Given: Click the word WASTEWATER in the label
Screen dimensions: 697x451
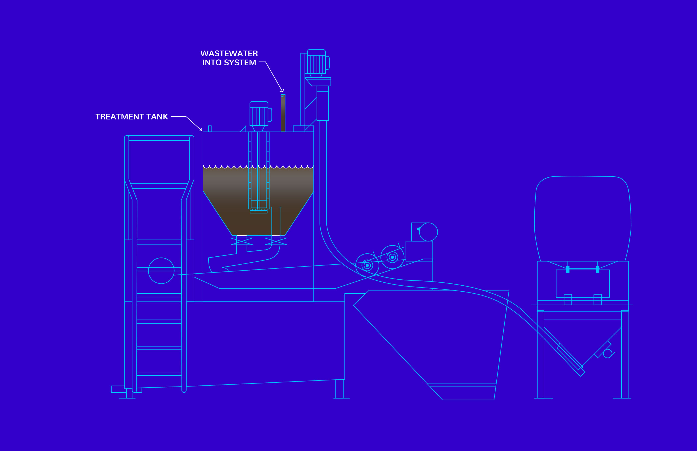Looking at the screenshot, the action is click(229, 54).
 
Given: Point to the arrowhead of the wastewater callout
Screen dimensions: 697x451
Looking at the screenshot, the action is click(282, 91).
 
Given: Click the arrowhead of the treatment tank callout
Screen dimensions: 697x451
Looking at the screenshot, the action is click(201, 130).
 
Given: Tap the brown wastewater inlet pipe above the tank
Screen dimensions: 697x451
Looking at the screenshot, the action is click(283, 113).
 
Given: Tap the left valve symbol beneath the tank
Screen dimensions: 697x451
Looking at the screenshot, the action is click(242, 241).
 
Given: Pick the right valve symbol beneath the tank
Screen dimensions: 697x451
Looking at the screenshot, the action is click(276, 241).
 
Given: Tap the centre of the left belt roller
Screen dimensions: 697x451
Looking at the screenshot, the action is click(367, 265).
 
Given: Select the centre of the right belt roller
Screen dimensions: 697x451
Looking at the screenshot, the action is click(393, 257).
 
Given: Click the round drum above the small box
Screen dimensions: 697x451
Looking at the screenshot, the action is click(429, 232).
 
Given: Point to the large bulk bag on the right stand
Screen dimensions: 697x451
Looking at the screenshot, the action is click(582, 218).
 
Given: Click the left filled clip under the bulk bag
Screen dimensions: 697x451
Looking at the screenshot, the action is click(568, 270).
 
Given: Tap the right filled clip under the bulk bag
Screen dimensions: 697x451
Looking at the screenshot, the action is click(598, 270).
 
